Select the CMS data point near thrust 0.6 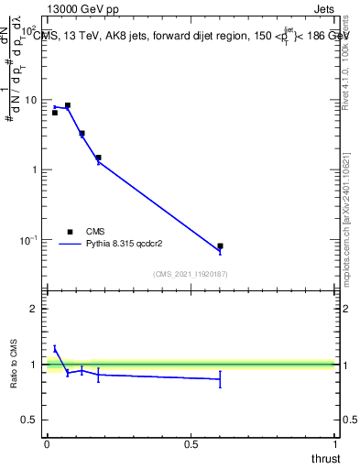[x=220, y=246]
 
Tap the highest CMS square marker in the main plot [x=67, y=105]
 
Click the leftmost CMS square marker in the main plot [x=55, y=113]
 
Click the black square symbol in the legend [x=70, y=232]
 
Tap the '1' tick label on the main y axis [x=37, y=170]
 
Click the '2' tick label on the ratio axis [x=37, y=310]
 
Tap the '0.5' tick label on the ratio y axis [x=31, y=420]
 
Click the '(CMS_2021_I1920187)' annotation [x=190, y=274]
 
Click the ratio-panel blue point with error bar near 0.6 [x=220, y=378]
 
